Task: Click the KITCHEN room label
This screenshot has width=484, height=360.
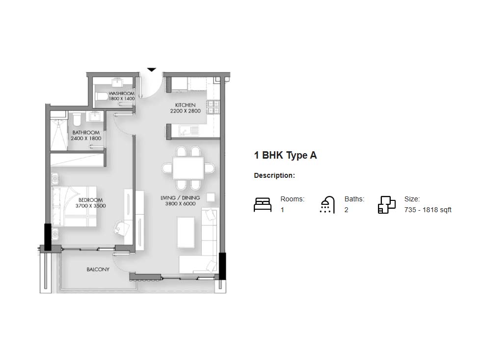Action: pos(185,105)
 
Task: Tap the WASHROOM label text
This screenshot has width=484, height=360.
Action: pos(122,93)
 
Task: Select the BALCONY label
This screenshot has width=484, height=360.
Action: pos(98,269)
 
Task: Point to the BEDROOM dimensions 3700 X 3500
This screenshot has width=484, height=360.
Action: pos(90,206)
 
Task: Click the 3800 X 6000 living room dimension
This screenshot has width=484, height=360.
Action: pos(180,203)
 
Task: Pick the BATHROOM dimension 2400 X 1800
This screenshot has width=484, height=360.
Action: pos(86,138)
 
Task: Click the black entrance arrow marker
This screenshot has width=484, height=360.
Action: pos(151,70)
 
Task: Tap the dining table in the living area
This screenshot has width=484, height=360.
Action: pos(188,168)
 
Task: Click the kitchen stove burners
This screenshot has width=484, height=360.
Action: pos(214,107)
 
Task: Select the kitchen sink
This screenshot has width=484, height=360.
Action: pos(189,131)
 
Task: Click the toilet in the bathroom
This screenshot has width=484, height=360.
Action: pos(77,119)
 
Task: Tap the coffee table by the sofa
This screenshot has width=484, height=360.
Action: pos(186,232)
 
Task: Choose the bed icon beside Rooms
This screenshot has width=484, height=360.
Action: pos(263,205)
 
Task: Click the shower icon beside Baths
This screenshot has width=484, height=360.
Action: pos(327,204)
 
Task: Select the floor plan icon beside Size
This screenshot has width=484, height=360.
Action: pos(387,205)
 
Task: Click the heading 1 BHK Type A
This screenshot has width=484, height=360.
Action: pos(285,155)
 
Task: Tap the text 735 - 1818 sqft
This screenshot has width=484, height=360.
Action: pos(428,210)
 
